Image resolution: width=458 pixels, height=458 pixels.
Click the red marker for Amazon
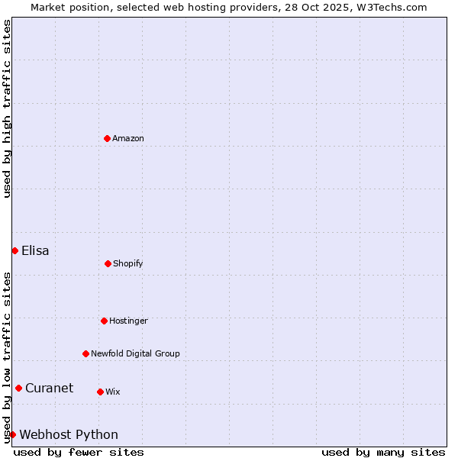pos(107,138)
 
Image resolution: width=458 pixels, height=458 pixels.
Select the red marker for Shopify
pos(108,263)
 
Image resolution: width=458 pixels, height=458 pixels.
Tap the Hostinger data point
pos(104,321)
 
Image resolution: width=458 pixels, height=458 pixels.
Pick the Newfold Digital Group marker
pos(85,353)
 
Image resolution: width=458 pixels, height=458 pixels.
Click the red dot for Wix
pos(100,392)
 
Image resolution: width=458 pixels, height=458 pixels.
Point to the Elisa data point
pos(15,250)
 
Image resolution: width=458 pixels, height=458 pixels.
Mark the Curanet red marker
pos(18,388)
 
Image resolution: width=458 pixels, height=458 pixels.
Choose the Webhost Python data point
pos(12,434)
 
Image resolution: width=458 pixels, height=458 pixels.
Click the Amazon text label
pos(128,138)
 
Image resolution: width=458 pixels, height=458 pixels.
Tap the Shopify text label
pos(128,263)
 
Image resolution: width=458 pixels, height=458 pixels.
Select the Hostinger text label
pos(128,321)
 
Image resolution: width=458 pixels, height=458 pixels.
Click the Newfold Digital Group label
pos(135,353)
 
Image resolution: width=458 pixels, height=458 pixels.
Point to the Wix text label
pos(113,392)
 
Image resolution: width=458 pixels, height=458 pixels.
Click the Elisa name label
pos(35,250)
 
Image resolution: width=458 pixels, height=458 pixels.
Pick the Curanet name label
pos(49,388)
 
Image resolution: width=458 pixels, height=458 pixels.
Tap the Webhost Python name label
pos(69,434)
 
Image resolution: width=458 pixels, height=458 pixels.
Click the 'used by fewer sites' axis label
pos(79,452)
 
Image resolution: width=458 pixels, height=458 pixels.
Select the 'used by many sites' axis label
pos(383,452)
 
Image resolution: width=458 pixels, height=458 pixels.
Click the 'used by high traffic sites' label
pos(7,108)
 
